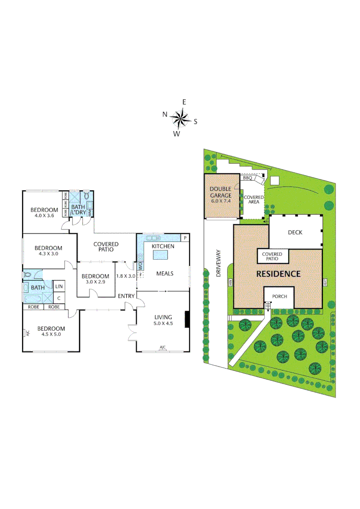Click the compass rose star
tap(180, 118)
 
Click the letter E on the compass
tap(184, 102)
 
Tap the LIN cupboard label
tap(59, 287)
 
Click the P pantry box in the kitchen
tap(185, 238)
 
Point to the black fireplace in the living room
tap(188, 320)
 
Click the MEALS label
tap(165, 273)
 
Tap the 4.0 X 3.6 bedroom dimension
tap(44, 216)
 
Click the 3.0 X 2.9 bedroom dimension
tap(95, 281)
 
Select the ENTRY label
tap(127, 296)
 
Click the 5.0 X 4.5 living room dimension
tap(163, 323)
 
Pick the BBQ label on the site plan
tap(247, 178)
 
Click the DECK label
tap(295, 232)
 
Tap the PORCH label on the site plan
tap(278, 297)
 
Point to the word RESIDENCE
tap(278, 274)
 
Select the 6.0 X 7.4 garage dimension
tap(221, 201)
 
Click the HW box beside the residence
tap(230, 283)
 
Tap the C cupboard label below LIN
tap(59, 298)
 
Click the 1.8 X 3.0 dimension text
tap(125, 276)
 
